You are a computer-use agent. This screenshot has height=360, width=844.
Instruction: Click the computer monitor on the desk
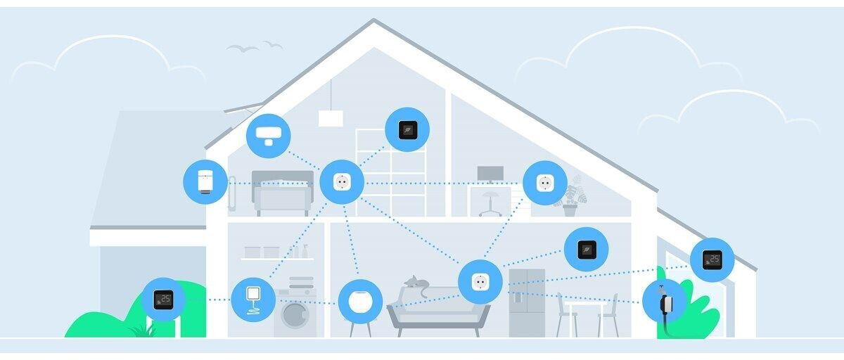tap(490, 174)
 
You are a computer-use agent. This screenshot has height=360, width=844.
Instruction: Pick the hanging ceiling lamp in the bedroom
tap(331, 118)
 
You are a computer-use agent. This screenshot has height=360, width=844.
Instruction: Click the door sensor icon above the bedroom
tap(268, 136)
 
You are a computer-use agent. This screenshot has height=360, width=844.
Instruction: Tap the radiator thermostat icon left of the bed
tap(205, 182)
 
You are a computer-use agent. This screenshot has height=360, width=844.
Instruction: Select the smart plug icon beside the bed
tap(342, 182)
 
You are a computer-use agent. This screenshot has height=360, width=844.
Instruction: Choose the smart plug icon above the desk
tap(545, 183)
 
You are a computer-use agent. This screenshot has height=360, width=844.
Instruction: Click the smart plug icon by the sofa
tap(480, 282)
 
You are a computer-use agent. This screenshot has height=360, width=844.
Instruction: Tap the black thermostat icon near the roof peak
tap(407, 130)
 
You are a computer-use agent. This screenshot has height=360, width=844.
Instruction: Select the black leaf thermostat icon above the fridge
tap(587, 250)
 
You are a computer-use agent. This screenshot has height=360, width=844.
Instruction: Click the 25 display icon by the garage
tap(163, 300)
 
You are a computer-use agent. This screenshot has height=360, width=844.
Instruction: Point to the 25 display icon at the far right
tap(712, 260)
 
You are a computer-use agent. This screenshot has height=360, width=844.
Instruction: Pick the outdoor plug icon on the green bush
tap(664, 301)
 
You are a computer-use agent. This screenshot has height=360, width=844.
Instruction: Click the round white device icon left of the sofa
tap(360, 301)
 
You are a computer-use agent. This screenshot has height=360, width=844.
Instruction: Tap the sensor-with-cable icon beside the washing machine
tap(253, 300)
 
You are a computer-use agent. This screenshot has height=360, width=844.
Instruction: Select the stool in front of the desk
tap(490, 203)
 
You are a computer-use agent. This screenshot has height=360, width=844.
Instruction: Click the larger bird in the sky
tap(242, 49)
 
